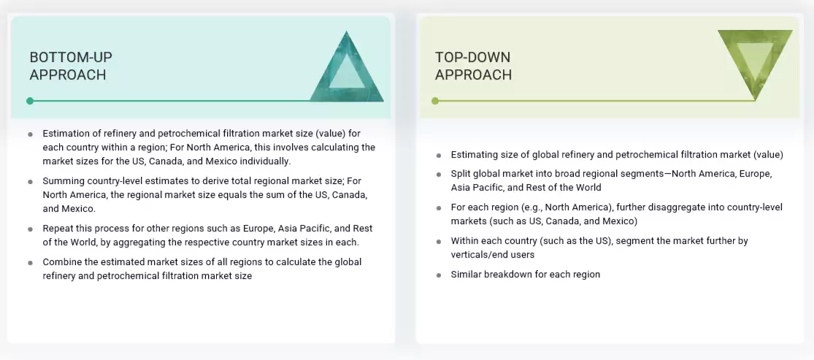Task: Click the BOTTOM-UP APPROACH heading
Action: coord(71,66)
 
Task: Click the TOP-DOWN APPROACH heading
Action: coord(473,66)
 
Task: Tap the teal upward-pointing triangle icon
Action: coord(347,68)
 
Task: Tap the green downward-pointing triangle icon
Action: coord(755,61)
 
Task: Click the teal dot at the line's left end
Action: coord(30,101)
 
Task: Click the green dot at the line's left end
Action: coord(435,101)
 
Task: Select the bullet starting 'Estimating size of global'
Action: coord(616,154)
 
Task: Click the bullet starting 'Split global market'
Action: coord(611,180)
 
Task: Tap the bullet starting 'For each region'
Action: coord(616,214)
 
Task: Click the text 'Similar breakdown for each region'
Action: coord(525,274)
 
